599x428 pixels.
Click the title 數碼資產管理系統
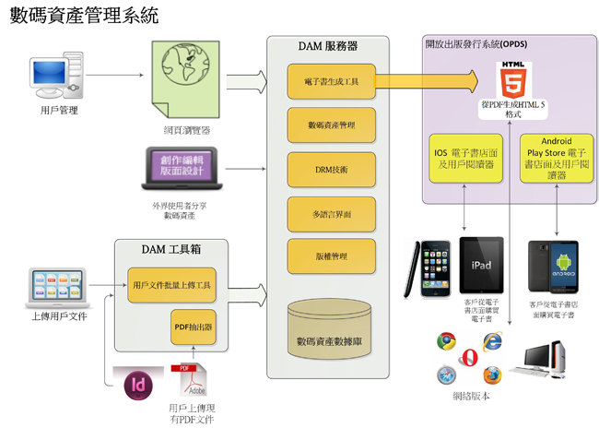(x=84, y=17)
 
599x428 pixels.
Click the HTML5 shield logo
(x=512, y=81)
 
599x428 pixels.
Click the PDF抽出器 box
(x=193, y=327)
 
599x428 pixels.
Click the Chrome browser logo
(x=447, y=340)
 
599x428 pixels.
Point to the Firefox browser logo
(x=491, y=374)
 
